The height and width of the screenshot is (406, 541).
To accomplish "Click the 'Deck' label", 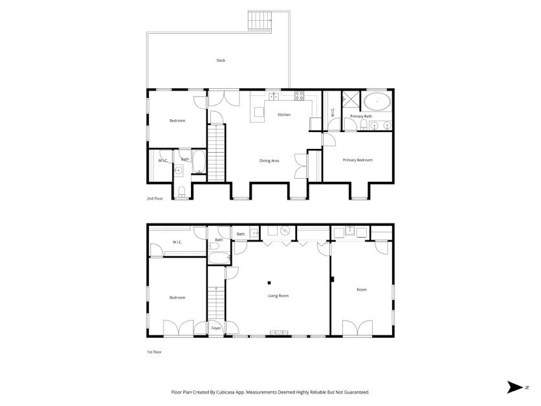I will tap(221, 61).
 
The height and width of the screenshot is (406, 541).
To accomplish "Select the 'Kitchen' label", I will tap(284, 115).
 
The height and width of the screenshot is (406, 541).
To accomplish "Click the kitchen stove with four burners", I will tap(300, 96).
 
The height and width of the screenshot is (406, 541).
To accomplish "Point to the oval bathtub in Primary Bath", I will tap(376, 102).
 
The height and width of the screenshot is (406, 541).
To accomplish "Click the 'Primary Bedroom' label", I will tap(357, 160).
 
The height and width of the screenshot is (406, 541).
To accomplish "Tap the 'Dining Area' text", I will tap(269, 161).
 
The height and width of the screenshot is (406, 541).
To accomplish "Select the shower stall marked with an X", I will tap(350, 100).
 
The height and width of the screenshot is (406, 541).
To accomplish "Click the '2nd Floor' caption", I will tap(154, 199).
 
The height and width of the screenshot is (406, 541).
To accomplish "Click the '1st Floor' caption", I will tap(153, 352).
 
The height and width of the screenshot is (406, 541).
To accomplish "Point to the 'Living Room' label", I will tap(278, 296).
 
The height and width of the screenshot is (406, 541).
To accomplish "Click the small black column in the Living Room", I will tap(269, 282).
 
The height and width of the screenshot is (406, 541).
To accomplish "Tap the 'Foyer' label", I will tap(216, 328).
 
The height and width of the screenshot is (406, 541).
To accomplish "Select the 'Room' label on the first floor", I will tap(361, 289).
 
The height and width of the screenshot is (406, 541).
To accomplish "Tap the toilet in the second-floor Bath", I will tap(182, 190).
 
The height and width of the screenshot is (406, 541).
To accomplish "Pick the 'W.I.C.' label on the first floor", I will tap(177, 242).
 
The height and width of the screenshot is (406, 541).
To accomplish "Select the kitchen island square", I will tap(259, 113).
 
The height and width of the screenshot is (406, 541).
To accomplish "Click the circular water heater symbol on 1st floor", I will tap(285, 230).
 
